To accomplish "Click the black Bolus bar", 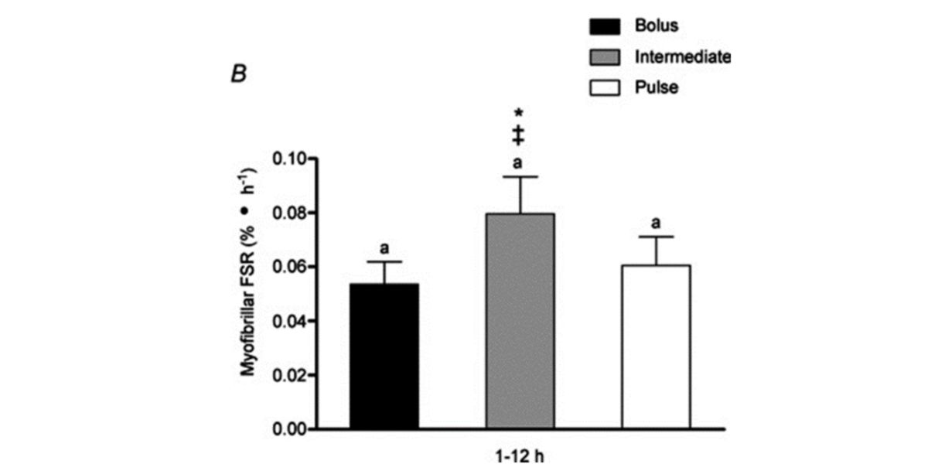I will (x=384, y=356).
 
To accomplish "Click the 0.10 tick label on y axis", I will (x=288, y=159).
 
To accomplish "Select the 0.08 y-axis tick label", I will (x=288, y=213).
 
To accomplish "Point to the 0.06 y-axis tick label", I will (x=288, y=267).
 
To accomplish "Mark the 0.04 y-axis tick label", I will (x=288, y=320).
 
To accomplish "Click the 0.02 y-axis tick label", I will (x=288, y=374).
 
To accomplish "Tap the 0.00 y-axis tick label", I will (x=288, y=428).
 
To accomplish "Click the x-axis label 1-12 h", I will (x=520, y=455).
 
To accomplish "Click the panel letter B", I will (x=233, y=75).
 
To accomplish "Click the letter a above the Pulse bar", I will (x=656, y=223).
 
